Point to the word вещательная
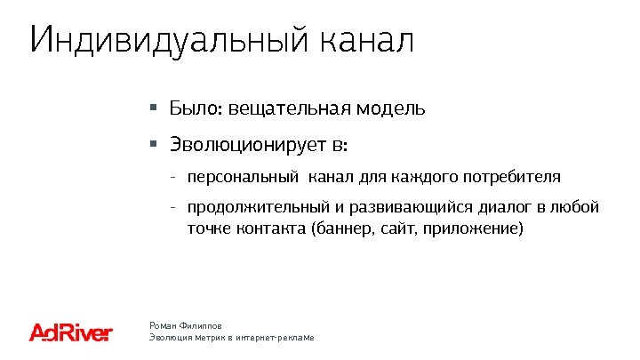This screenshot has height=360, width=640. pos(290,109)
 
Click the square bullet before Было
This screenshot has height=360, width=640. pos(153,108)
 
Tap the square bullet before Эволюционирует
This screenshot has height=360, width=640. pos(153,142)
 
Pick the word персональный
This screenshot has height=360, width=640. pos(243,177)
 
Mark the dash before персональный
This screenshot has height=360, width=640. pos(172,177)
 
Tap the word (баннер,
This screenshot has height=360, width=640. pos(340,229)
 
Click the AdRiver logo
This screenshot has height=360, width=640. pos(71,332)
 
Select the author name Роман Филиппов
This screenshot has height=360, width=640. pos(185,326)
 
